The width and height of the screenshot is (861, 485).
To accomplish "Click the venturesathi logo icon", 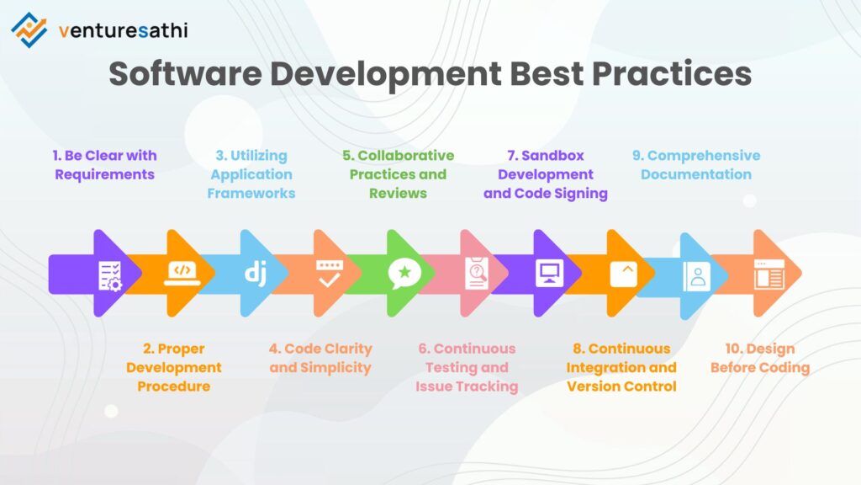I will click(x=29, y=29).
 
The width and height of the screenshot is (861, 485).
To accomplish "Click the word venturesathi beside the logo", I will click(x=124, y=31).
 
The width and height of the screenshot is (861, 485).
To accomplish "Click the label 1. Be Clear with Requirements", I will click(x=105, y=165).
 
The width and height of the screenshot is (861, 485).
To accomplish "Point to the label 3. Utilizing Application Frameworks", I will click(x=252, y=174).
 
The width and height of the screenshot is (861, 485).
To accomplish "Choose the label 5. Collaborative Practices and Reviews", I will click(x=399, y=174).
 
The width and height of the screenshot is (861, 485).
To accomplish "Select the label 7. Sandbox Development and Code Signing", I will click(x=546, y=174).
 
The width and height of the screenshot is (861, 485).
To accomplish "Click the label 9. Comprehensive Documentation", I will click(x=696, y=165).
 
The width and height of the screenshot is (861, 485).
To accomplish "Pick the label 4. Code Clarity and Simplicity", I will click(x=320, y=358).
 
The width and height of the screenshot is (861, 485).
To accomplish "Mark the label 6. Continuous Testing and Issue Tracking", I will click(x=467, y=367).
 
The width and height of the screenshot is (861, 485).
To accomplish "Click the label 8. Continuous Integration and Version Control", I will click(x=621, y=367).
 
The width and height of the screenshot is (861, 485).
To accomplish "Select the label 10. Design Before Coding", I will click(x=760, y=358).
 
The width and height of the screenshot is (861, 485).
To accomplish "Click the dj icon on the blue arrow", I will click(x=256, y=273).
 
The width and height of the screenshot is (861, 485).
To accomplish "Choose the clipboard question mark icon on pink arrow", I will click(x=477, y=274).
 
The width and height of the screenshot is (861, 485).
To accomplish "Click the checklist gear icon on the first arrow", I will click(x=110, y=274).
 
